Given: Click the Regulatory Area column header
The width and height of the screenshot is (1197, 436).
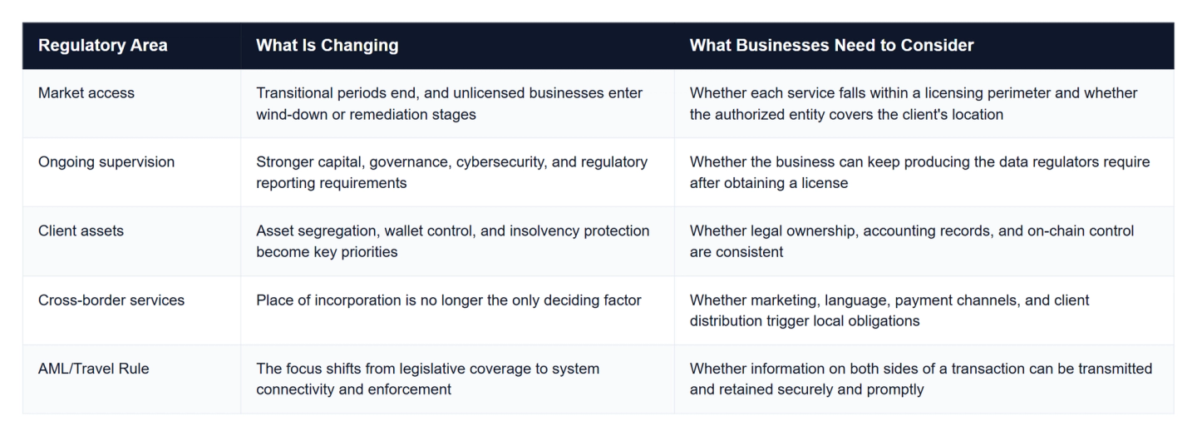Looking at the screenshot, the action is coord(102,46).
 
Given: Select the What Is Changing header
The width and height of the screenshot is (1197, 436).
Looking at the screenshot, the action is coord(327,46).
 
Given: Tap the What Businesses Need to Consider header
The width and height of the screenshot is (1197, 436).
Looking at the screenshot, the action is coord(831,46).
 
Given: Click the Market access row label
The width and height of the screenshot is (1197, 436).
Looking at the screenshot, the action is coord(86,93).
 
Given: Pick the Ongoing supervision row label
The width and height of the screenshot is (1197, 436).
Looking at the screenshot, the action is coord(106,162).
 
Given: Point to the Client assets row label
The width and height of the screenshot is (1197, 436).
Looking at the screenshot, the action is coord(81,231).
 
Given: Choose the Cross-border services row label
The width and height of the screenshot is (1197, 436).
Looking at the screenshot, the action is coord(111,300).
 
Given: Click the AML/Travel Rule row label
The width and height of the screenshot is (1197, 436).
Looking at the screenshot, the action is coord(93,369).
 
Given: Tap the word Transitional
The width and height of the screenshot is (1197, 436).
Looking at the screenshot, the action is coord(294,93).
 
